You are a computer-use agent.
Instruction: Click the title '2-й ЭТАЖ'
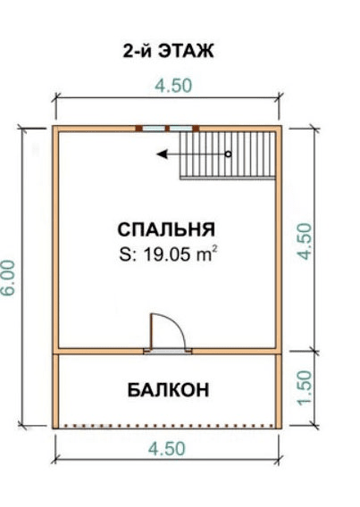(168, 51)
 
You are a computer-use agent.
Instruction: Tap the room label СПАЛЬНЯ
(166, 229)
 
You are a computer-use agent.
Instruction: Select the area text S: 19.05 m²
(168, 254)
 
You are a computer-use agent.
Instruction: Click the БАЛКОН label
(168, 390)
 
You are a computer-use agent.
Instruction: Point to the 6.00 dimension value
(9, 278)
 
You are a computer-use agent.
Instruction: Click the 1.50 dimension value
(305, 387)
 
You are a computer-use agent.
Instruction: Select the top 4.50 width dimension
(173, 86)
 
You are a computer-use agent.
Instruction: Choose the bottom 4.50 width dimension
(167, 449)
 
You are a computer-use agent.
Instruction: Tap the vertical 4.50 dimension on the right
(305, 241)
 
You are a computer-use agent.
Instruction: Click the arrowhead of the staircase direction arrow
(162, 154)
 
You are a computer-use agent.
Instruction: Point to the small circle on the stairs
(228, 154)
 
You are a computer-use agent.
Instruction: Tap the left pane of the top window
(154, 129)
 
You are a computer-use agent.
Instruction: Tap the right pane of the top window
(181, 129)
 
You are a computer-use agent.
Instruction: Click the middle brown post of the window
(167, 129)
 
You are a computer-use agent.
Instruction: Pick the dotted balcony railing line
(168, 426)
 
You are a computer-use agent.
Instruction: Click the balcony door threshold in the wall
(168, 352)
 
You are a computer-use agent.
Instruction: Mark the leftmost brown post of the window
(138, 129)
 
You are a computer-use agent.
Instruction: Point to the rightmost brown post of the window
(196, 129)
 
